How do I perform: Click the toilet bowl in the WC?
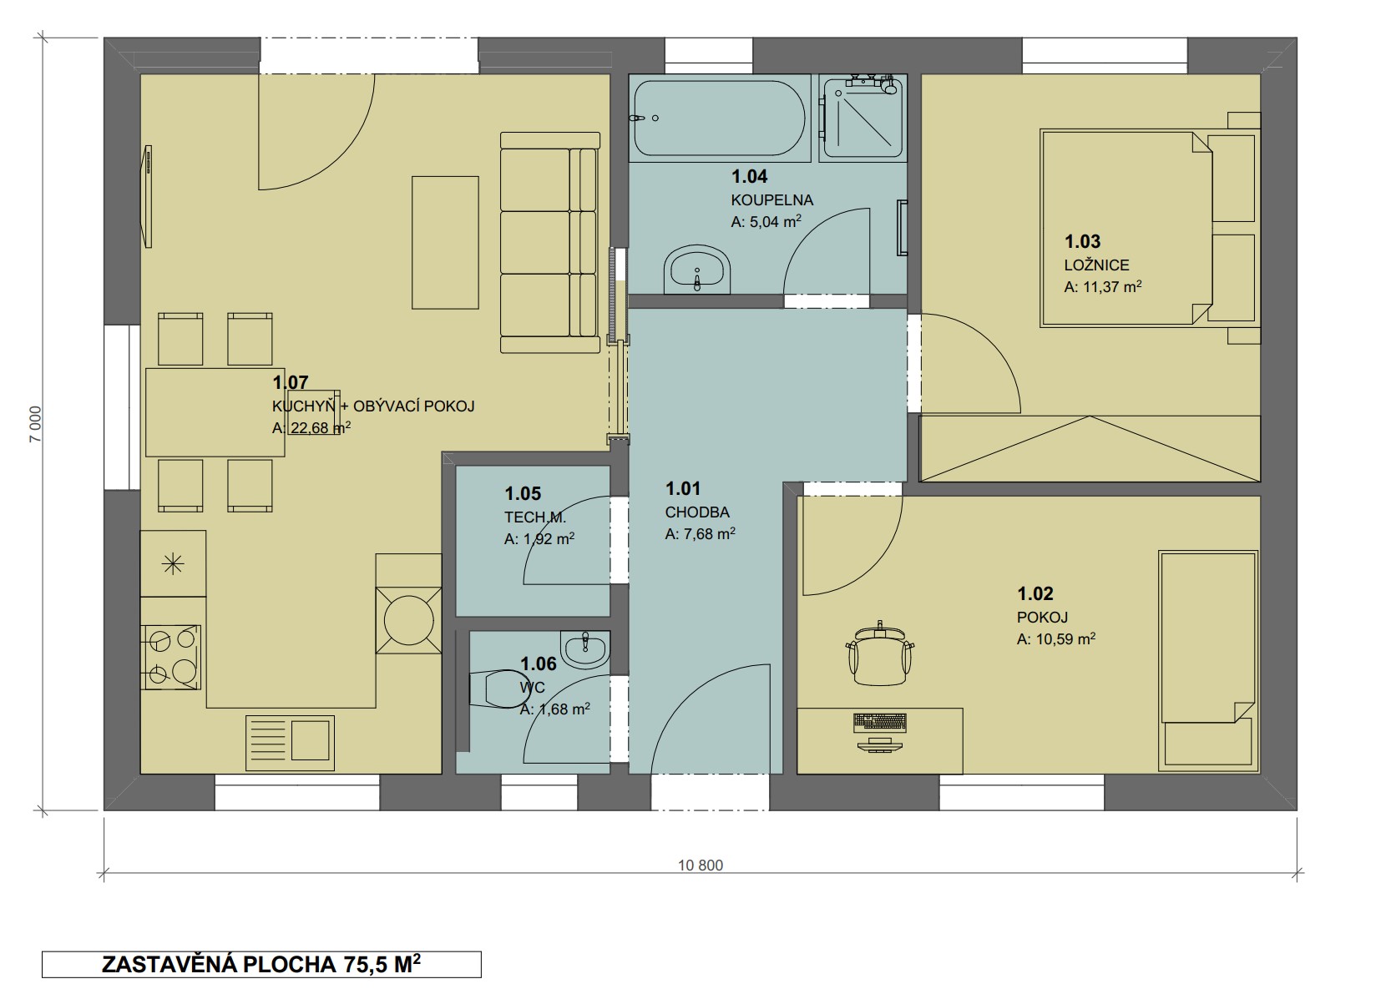pos(495,689)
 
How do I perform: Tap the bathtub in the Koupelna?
pos(720,118)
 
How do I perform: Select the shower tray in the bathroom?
pos(863,118)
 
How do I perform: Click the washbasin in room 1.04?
pos(697,270)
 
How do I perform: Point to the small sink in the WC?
pos(584,649)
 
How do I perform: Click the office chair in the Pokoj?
pos(879,654)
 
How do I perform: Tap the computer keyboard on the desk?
pos(880,723)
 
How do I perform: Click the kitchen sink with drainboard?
pos(290,742)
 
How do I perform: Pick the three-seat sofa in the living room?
pos(549,243)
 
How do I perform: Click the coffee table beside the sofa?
pos(445,243)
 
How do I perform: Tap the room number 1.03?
pos(1082,241)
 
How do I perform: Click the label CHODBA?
pos(697,512)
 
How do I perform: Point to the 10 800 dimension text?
pos(701,865)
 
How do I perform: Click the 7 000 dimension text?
pos(36,424)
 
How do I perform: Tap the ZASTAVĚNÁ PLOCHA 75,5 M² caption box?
pos(261,965)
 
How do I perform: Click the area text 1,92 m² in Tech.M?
pos(548,539)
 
